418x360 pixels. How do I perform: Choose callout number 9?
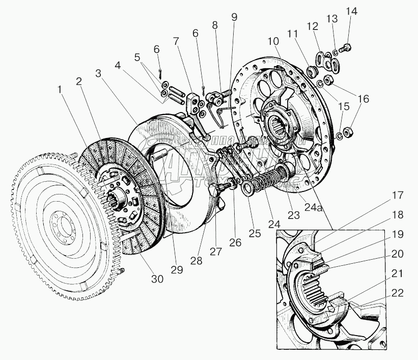pos(234,17)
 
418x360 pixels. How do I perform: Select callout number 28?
pos(196,261)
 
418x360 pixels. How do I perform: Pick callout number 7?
pos(176,41)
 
